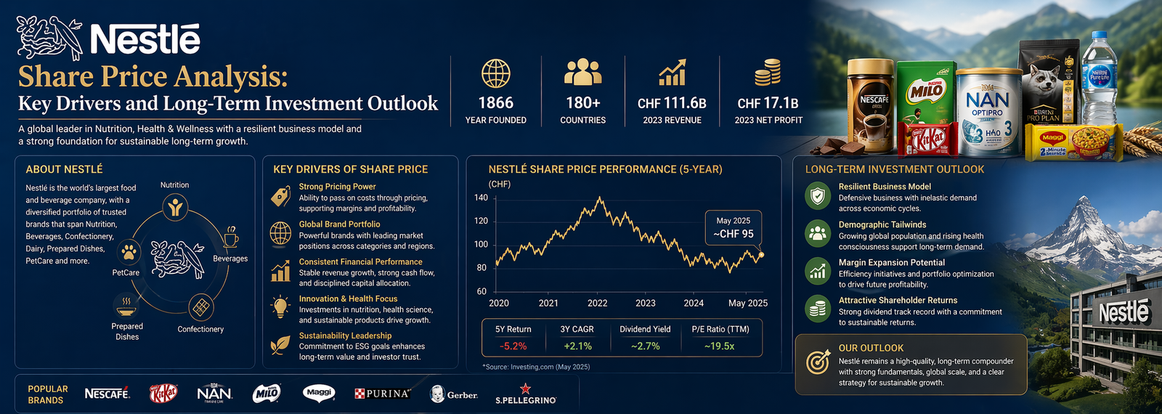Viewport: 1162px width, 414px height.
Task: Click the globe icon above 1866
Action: (x=496, y=73)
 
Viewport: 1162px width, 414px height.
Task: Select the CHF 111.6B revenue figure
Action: (x=672, y=103)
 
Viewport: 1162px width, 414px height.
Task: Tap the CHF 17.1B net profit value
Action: (x=768, y=103)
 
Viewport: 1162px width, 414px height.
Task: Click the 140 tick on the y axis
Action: (x=481, y=198)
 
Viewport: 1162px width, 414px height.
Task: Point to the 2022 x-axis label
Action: (x=597, y=303)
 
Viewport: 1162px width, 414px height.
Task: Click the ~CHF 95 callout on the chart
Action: (x=733, y=234)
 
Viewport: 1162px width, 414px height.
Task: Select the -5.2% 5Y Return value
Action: (x=513, y=346)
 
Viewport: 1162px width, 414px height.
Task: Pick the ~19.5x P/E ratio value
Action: (x=719, y=346)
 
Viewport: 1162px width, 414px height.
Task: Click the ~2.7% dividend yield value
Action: (x=645, y=346)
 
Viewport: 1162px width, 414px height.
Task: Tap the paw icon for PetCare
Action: (x=129, y=252)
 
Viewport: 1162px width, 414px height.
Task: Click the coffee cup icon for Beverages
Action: (x=231, y=237)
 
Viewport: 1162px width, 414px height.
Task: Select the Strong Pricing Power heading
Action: (x=337, y=187)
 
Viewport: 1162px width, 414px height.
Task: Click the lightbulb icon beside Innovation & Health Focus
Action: (x=280, y=307)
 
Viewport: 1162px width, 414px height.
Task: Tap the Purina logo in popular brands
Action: (x=383, y=394)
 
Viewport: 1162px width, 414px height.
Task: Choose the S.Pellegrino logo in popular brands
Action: (x=526, y=395)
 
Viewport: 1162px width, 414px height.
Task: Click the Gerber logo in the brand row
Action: (x=454, y=394)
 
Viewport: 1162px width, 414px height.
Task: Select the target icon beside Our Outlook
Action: (x=818, y=361)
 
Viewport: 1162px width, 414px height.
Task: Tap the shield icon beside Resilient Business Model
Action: (x=818, y=196)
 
